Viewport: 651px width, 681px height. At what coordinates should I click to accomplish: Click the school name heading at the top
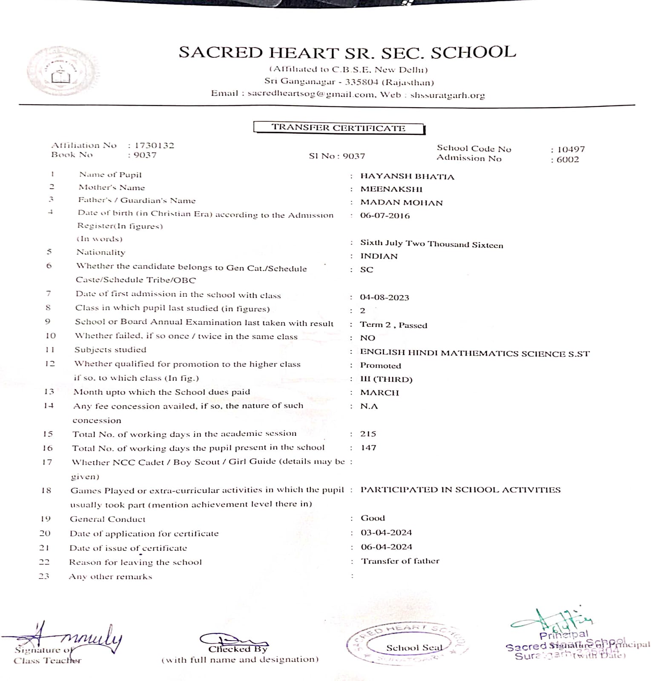(x=347, y=53)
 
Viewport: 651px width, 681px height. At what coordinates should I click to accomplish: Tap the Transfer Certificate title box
(x=339, y=128)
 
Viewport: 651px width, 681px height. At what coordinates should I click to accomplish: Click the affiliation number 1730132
(x=154, y=146)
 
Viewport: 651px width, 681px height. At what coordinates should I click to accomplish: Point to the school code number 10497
(x=571, y=149)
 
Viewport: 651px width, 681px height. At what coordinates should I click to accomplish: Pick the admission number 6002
(x=568, y=160)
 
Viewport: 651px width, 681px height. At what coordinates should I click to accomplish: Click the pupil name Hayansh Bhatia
(x=407, y=177)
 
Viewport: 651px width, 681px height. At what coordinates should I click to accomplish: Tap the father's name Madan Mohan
(x=401, y=203)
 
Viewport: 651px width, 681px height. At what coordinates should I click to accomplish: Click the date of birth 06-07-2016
(x=385, y=216)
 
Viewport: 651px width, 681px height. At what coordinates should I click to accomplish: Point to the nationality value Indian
(x=379, y=256)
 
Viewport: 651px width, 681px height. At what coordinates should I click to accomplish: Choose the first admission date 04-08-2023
(x=384, y=298)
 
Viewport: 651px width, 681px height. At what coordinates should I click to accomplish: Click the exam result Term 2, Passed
(x=393, y=325)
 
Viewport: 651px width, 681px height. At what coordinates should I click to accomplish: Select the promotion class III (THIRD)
(x=386, y=379)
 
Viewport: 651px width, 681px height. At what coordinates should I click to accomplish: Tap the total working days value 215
(x=368, y=434)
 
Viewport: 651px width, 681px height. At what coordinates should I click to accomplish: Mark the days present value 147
(x=368, y=448)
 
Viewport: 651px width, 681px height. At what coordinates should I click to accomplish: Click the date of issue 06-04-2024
(x=386, y=547)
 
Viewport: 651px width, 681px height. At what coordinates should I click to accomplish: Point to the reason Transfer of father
(x=400, y=561)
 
